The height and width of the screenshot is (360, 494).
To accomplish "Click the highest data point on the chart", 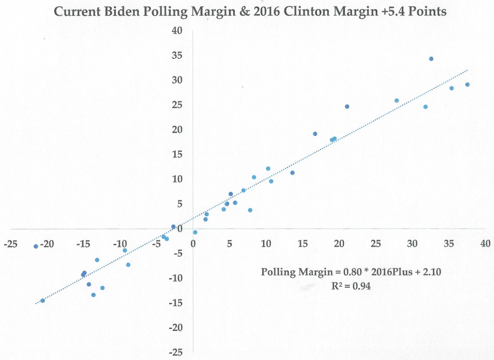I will click(x=431, y=59).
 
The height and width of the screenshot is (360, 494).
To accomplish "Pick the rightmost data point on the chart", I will click(x=468, y=84).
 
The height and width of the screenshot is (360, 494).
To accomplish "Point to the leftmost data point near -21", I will click(x=36, y=246).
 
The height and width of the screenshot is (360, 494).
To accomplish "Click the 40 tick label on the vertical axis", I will click(x=178, y=31).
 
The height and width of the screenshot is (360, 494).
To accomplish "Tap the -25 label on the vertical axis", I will click(x=177, y=352).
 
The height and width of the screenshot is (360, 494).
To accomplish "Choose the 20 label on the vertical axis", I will click(x=178, y=130).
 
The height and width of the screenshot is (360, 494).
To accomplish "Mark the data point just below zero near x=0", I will click(x=195, y=232).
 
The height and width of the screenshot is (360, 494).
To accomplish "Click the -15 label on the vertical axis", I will click(x=177, y=303).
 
